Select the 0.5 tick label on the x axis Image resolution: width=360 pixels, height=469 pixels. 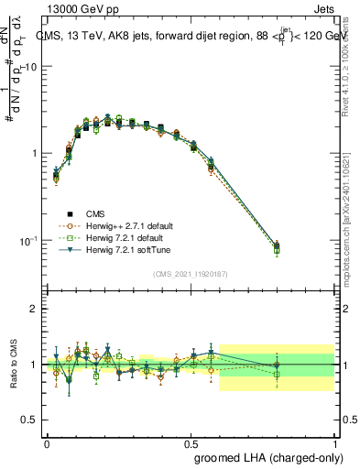click(x=191, y=442)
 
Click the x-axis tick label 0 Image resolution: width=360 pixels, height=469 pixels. click(x=47, y=442)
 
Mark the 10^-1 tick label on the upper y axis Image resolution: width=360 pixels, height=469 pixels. click(x=27, y=240)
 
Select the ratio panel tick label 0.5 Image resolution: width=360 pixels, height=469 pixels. click(x=29, y=420)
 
